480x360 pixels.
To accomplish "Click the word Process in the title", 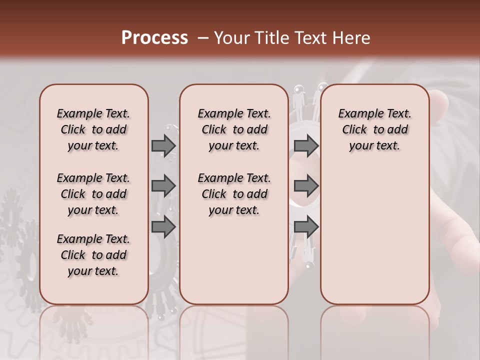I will tap(154, 38).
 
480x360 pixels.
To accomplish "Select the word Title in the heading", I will tap(272, 38).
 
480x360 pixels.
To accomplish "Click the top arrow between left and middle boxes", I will tap(163, 145).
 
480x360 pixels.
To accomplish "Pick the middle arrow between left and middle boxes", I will tap(163, 186).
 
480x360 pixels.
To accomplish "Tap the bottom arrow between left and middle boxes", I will tap(163, 226).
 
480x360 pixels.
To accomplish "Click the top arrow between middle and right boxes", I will tap(306, 145).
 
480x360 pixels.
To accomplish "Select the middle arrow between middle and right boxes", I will tap(306, 186).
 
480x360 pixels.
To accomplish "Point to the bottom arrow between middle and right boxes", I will tap(306, 226).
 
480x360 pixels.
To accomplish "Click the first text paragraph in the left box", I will tap(93, 129).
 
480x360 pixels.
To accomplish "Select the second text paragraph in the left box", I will tap(93, 194).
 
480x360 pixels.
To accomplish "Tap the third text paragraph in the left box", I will tap(93, 255).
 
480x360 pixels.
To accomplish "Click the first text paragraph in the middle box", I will tap(234, 129).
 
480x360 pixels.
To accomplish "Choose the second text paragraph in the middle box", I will tap(234, 194).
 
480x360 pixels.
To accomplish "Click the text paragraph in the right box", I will tap(374, 129).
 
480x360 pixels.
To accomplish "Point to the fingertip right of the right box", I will tap(440, 102).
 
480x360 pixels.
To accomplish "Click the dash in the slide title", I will tap(203, 38).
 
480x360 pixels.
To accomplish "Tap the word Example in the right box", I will tap(358, 113).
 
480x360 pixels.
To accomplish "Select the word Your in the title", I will tap(231, 38).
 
